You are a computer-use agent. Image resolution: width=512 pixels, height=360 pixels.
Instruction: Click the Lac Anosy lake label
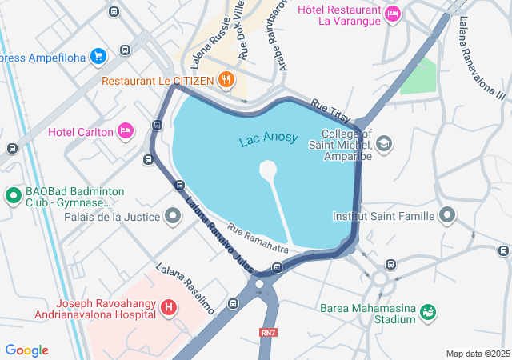click(268, 139)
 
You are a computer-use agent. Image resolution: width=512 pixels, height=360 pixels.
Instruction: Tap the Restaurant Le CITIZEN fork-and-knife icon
click(227, 79)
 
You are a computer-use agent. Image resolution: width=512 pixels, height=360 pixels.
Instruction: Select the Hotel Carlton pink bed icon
click(125, 130)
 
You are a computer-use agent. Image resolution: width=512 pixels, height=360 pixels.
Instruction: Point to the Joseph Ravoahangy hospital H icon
click(169, 306)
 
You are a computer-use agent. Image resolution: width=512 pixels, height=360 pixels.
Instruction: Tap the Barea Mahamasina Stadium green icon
click(427, 310)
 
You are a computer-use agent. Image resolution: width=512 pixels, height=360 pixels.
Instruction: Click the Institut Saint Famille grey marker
click(447, 215)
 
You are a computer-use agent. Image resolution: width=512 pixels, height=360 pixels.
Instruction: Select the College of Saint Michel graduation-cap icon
click(385, 143)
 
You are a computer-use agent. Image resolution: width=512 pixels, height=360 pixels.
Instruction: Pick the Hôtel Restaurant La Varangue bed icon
click(392, 13)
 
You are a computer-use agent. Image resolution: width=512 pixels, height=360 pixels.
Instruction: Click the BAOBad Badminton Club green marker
click(13, 195)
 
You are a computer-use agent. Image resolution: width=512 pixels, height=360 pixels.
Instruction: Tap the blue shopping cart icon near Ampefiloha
click(98, 56)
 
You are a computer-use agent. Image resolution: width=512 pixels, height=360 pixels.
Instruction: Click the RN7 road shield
click(267, 331)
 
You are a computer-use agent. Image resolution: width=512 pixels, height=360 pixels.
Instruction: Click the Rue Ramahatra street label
click(258, 238)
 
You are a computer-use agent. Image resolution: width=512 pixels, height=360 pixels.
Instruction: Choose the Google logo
click(27, 350)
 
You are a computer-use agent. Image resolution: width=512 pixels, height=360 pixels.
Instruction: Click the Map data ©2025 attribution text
click(478, 354)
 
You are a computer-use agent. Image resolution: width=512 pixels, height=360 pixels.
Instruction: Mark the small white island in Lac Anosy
click(268, 170)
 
